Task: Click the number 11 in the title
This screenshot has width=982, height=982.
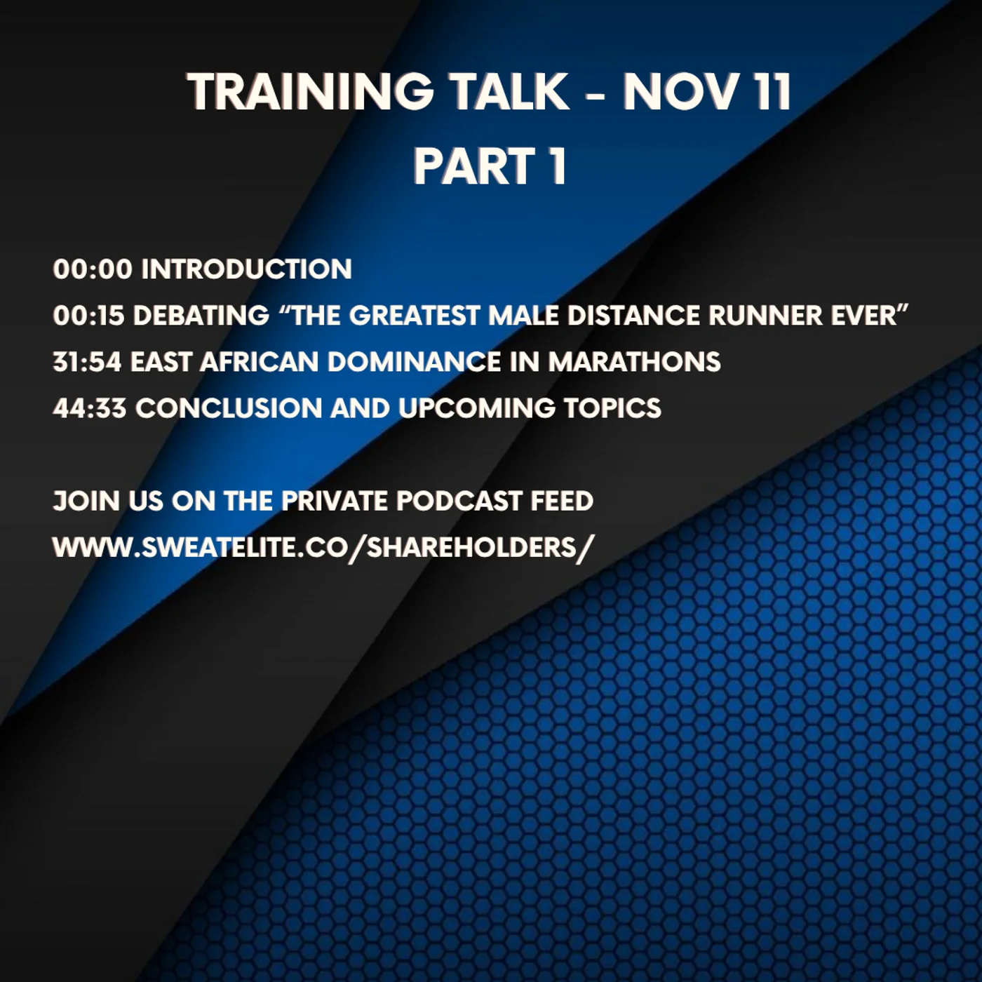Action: coord(772,92)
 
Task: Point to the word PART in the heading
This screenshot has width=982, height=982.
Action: coord(474,166)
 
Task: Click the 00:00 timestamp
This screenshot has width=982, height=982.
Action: coord(93,269)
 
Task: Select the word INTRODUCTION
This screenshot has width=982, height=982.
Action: coord(246,269)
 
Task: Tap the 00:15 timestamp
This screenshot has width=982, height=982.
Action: coord(88,316)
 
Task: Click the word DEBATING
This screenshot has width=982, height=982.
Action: coord(201,316)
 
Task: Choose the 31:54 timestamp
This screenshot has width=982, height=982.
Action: coord(87,362)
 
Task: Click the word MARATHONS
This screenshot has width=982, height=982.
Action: coord(634,362)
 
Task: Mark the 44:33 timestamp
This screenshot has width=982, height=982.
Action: coord(90,408)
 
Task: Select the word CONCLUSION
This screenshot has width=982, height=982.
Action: coord(229,408)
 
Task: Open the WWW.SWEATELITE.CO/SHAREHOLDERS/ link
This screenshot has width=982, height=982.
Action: coord(323,547)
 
